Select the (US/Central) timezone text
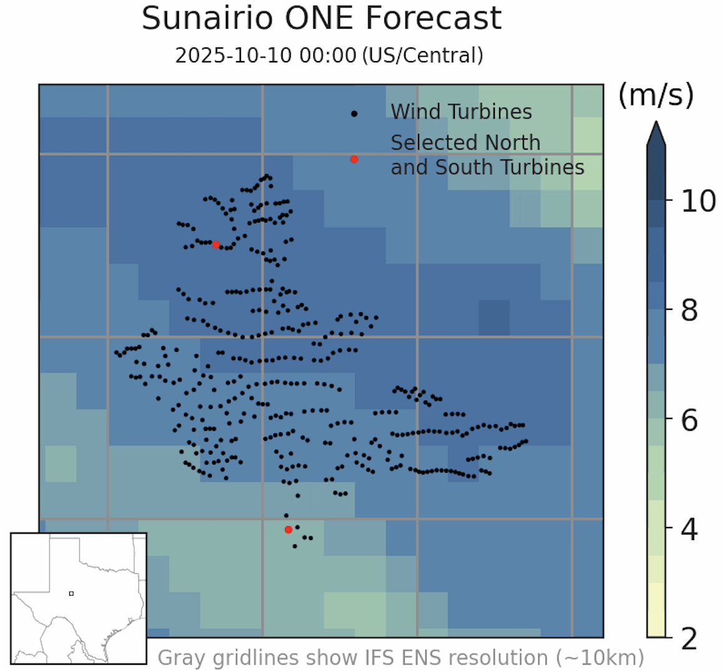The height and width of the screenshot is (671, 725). pyautogui.click(x=422, y=56)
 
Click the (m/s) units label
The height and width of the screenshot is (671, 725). pyautogui.click(x=656, y=95)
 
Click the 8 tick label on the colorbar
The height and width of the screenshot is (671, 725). pyautogui.click(x=689, y=310)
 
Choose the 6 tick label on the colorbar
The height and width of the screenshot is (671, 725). pyautogui.click(x=689, y=420)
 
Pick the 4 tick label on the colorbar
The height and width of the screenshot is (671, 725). pyautogui.click(x=689, y=529)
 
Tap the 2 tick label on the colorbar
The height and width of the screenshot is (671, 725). pyautogui.click(x=689, y=639)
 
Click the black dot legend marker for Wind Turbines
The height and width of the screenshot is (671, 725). pyautogui.click(x=354, y=113)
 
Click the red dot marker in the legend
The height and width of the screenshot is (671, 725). pyautogui.click(x=354, y=159)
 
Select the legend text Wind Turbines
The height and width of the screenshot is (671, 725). pyautogui.click(x=461, y=112)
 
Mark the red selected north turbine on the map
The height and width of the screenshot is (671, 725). pyautogui.click(x=216, y=244)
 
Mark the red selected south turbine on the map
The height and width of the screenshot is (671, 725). pyautogui.click(x=288, y=529)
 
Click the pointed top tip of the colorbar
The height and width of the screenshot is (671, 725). pyautogui.click(x=656, y=123)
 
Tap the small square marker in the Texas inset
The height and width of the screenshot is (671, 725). pyautogui.click(x=71, y=593)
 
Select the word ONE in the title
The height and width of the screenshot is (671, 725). pyautogui.click(x=322, y=18)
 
